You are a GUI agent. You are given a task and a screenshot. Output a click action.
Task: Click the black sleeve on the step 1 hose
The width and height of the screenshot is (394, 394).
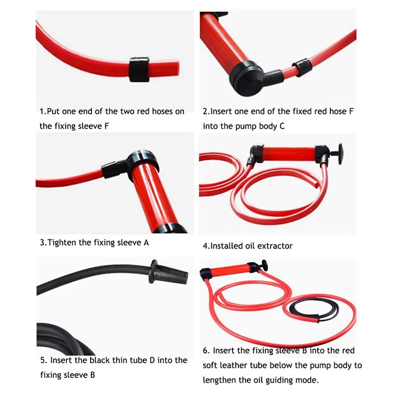click(x=139, y=69)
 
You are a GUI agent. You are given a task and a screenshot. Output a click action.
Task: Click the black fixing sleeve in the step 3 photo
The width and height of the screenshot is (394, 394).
click(x=114, y=169)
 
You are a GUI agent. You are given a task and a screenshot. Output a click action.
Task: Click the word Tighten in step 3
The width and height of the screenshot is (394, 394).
click(x=64, y=242)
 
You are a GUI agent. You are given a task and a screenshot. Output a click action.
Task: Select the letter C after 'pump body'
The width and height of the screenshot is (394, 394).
click(x=282, y=126)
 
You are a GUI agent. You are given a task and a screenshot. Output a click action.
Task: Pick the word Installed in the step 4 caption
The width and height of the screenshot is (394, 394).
click(x=227, y=246)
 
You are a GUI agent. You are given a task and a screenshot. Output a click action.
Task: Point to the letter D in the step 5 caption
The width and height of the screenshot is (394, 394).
click(x=152, y=360)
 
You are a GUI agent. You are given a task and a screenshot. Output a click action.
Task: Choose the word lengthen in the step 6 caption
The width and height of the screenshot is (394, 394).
click(x=219, y=380)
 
